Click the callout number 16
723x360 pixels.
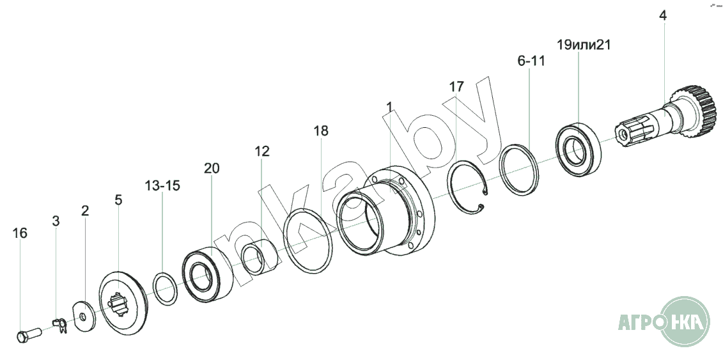(x=20, y=233)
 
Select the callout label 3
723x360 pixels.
(x=56, y=221)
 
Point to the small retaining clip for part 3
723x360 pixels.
(x=59, y=325)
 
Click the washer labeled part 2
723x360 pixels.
(x=84, y=317)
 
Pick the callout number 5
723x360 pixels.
(x=118, y=200)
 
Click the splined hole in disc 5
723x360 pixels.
(x=118, y=306)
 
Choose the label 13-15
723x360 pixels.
(x=162, y=186)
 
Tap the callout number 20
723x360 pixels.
(x=212, y=168)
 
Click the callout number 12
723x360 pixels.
(x=262, y=151)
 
